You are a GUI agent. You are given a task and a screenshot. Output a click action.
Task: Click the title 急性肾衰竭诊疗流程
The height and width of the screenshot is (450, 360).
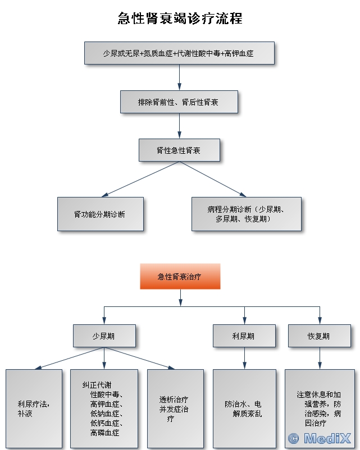tap(180, 19)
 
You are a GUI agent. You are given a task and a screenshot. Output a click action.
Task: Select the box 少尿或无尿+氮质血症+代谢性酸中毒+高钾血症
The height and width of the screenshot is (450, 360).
tap(179, 53)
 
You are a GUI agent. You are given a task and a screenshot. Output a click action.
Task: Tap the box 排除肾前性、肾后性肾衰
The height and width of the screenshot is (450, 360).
tap(179, 102)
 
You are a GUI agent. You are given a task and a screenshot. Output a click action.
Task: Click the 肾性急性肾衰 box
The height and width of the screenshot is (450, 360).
tap(179, 150)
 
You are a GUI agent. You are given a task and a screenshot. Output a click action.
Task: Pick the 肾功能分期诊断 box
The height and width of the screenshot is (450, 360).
tap(100, 214)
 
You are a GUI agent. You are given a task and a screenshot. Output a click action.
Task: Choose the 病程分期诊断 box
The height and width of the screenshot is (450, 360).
tap(246, 214)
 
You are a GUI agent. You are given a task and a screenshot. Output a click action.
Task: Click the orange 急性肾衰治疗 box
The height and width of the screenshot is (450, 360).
tap(180, 277)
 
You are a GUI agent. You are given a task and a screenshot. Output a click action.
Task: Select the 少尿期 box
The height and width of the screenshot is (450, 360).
tap(104, 336)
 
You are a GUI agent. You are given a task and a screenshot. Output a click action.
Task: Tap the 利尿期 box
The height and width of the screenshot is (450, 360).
tap(244, 336)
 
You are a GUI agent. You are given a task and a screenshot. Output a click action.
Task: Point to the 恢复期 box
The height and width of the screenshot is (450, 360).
tap(319, 336)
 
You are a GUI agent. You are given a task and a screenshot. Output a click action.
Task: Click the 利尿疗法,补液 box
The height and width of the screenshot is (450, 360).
tap(33, 408)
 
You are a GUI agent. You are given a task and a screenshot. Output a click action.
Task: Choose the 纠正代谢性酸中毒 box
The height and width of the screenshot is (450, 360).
tap(104, 408)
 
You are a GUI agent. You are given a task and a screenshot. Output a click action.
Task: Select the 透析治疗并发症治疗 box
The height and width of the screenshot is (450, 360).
tap(174, 408)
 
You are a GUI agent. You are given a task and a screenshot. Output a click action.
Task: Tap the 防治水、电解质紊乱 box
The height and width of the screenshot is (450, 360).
tap(244, 408)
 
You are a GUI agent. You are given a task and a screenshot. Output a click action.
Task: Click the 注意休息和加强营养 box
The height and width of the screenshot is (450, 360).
tap(319, 408)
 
